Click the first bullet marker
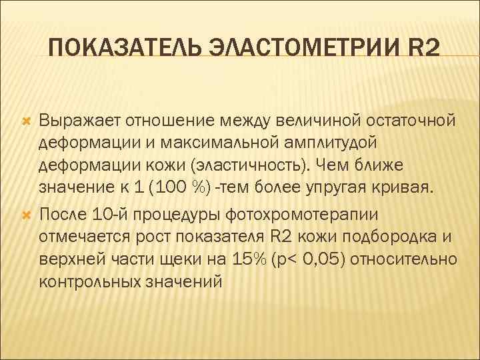click(x=27, y=121)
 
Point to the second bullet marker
click(x=27, y=214)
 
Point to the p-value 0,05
click(x=325, y=257)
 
